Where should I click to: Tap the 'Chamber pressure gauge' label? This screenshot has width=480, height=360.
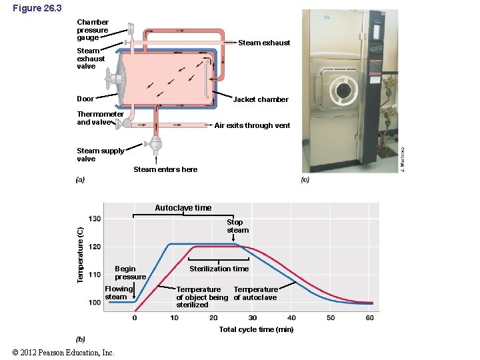coord(92,30)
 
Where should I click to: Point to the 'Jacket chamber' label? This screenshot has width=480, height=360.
coord(261,99)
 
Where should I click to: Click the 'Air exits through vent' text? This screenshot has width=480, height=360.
coord(252,125)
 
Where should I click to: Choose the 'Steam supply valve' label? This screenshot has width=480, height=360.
coord(100,155)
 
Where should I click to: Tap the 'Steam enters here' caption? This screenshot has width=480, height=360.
coord(165,169)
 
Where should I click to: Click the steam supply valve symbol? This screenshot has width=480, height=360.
coord(156,143)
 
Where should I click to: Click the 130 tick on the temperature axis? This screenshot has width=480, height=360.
coord(95,219)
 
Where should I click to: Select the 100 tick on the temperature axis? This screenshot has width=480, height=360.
coord(95,303)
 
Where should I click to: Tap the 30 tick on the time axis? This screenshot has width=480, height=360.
coord(253,317)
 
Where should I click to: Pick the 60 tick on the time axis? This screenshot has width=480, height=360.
coord(370,317)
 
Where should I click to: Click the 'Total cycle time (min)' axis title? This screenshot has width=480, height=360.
coord(256,329)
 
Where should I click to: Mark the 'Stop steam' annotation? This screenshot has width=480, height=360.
coord(237,226)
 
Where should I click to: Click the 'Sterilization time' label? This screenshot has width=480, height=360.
coord(219,269)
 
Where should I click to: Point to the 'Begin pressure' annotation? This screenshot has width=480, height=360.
coord(130,273)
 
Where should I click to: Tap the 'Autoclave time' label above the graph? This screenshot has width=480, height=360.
coord(183,208)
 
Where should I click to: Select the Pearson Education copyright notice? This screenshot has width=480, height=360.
coord(63,352)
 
